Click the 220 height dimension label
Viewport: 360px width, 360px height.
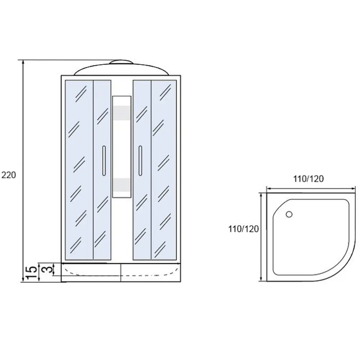tap(9, 175)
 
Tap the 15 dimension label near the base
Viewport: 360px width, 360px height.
tap(31, 273)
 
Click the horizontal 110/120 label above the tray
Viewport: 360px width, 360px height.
tap(309, 179)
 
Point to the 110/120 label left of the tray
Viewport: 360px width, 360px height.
tap(243, 229)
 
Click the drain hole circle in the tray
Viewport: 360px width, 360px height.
tap(289, 215)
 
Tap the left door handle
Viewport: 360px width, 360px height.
tap(104, 161)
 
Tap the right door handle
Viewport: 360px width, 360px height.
tap(140, 161)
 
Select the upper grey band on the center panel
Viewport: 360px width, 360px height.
tap(122, 113)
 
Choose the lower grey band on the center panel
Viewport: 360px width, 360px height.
tap(122, 185)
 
